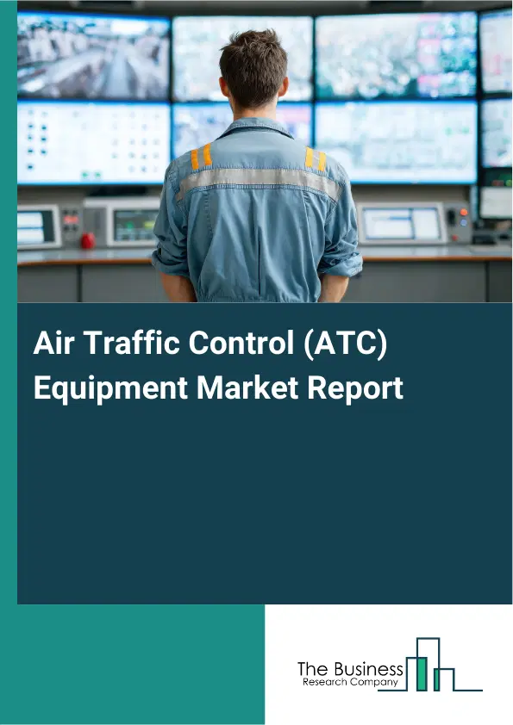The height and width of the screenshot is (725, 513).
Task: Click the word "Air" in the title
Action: [x=52, y=344]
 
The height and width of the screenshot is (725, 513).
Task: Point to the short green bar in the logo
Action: [x=438, y=680]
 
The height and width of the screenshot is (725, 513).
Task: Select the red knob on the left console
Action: [x=87, y=241]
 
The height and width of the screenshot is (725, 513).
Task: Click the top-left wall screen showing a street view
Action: [x=93, y=56]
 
